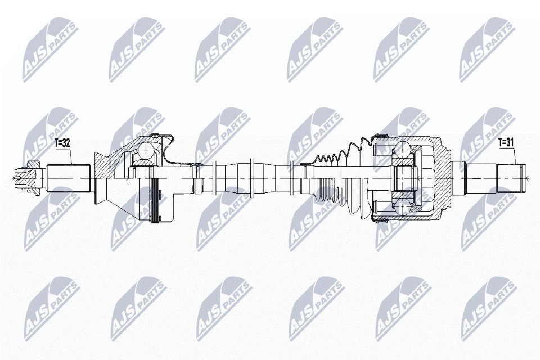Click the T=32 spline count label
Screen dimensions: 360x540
[62, 143]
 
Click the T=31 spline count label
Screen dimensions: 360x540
[506, 143]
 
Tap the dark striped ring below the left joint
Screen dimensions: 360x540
[156, 199]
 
